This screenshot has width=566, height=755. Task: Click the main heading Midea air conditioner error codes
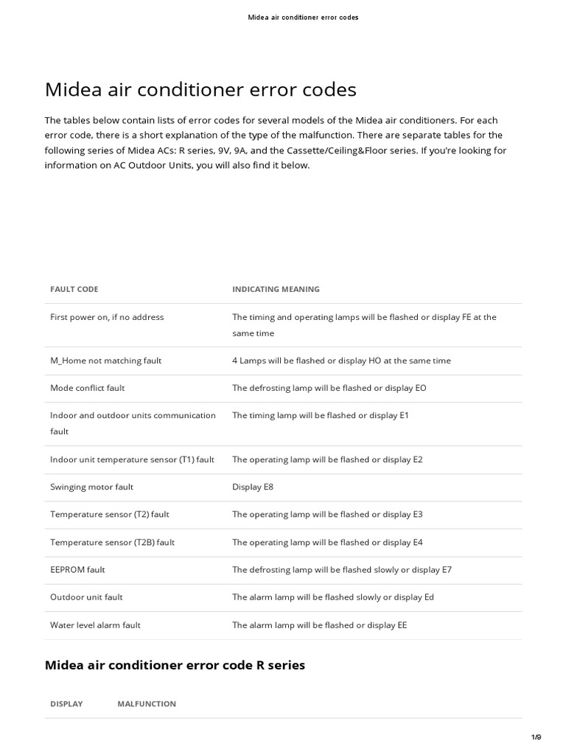[x=200, y=90]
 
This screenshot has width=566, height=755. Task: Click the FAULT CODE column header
[x=74, y=289]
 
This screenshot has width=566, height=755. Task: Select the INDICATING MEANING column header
[x=276, y=289]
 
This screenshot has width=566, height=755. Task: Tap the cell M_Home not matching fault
[x=105, y=361]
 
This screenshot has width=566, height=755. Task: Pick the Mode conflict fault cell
[x=87, y=388]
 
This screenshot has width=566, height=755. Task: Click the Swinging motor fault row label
[x=91, y=487]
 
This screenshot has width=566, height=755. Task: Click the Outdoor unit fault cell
[x=86, y=597]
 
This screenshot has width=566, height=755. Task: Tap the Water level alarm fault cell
[x=95, y=625]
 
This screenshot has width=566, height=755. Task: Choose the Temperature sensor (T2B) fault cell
[x=112, y=542]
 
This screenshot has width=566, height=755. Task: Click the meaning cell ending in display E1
[x=320, y=415]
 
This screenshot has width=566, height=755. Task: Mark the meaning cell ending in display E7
[x=341, y=569]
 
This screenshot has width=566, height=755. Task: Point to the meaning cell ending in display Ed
[x=333, y=597]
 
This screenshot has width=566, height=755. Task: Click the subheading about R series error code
[x=175, y=665]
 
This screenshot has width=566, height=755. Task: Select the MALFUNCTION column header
[x=147, y=703]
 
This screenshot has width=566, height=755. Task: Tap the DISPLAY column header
[x=66, y=703]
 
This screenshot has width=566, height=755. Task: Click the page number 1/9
[x=536, y=737]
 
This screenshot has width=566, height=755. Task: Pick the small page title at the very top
[x=303, y=17]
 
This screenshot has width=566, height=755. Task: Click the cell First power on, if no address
[x=107, y=317]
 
